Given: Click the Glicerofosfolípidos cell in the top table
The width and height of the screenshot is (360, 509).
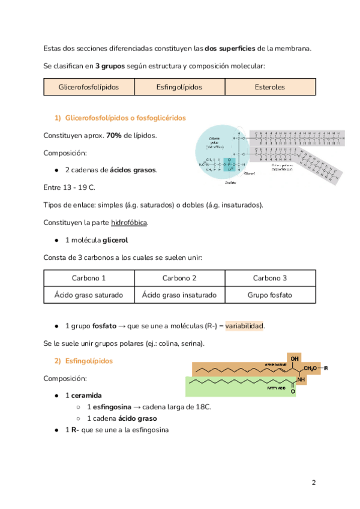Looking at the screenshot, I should coord(89,87).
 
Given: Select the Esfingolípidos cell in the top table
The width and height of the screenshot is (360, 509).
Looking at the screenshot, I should coord(179,87).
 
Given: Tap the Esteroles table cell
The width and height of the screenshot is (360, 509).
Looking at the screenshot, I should coord(270,87).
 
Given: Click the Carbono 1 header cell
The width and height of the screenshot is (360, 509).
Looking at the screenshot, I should coord(89,278).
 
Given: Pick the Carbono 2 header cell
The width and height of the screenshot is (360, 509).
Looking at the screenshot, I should coord(179,278).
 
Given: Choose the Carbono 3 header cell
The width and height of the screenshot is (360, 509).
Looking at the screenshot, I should coord(270,278).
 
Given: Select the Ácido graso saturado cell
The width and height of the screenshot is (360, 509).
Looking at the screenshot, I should coord(89,295).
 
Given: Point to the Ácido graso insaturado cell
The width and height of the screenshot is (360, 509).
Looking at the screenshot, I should coord(179,295).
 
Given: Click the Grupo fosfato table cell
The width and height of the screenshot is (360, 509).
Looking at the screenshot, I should coord(270,295).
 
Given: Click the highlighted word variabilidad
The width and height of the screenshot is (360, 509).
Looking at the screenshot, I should coord(245,326).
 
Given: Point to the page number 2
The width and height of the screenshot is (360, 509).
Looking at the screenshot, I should coord(313,483).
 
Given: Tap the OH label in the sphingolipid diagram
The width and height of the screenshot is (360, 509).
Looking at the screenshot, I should coord(295,358).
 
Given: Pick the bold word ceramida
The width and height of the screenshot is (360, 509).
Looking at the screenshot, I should coord(88,396).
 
